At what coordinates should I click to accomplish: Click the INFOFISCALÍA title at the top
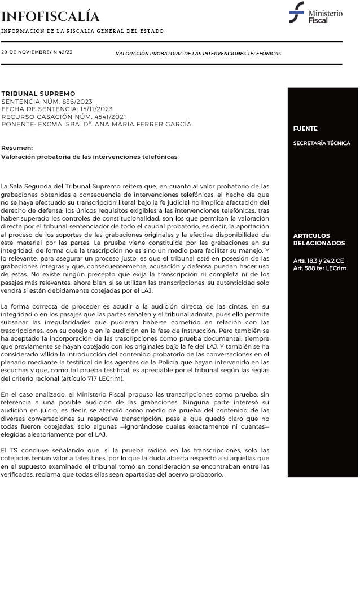tap(50, 16)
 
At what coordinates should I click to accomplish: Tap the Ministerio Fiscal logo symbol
tap(296, 12)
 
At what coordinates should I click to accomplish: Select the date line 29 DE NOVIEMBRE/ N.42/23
tap(37, 52)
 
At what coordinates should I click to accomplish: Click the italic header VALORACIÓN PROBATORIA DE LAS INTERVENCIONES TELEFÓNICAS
tap(198, 54)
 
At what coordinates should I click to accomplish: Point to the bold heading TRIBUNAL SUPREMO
tap(38, 94)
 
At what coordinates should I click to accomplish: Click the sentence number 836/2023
tap(75, 102)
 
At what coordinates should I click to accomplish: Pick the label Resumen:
tap(17, 148)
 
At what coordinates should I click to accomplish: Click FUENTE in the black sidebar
tap(305, 129)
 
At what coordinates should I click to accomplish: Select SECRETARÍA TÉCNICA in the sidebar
tap(322, 143)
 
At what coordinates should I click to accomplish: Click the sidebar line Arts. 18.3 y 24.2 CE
tap(318, 261)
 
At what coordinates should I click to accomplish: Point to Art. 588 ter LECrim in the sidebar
tap(320, 268)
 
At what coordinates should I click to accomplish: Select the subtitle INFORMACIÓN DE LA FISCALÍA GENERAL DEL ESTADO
tap(82, 31)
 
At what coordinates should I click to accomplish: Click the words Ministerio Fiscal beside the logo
tap(325, 16)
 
